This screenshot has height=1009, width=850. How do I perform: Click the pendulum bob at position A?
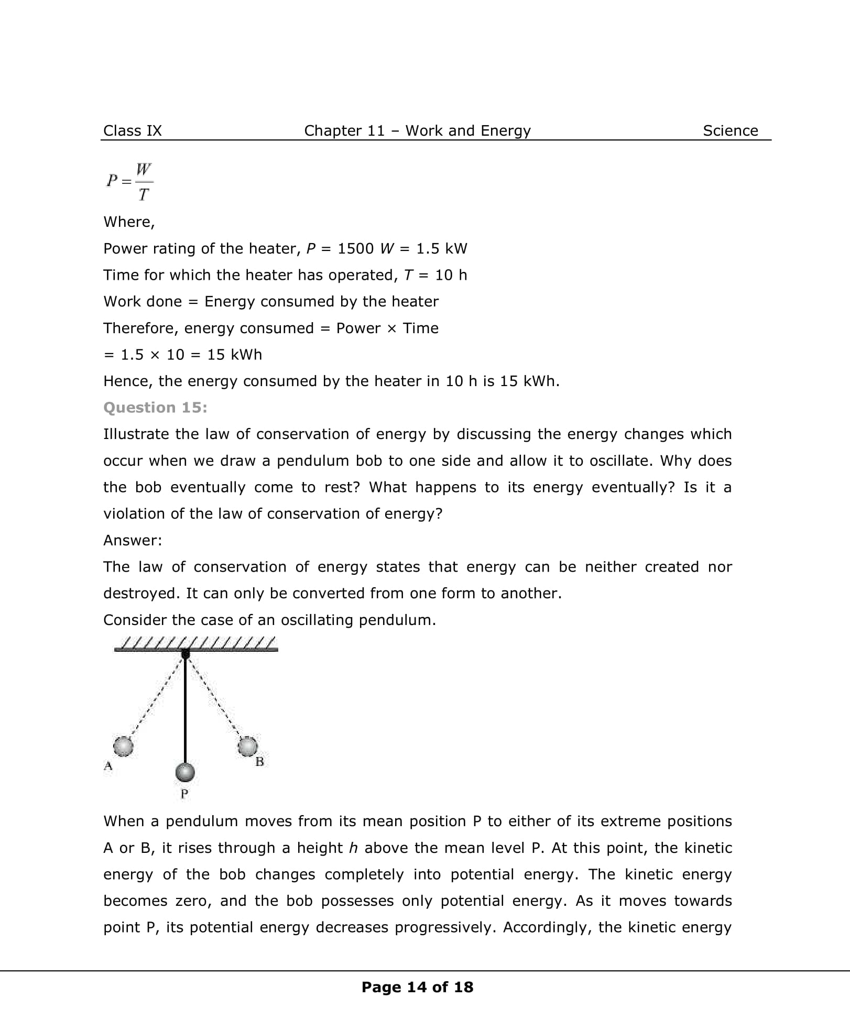pos(123,745)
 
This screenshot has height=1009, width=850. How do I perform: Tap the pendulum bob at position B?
pos(248,746)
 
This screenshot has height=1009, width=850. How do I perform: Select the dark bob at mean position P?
pos(184,772)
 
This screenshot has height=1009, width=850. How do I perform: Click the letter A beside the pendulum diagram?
pos(108,766)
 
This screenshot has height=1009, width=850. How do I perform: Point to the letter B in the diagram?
pos(259,762)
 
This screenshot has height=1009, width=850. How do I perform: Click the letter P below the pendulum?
pos(184,794)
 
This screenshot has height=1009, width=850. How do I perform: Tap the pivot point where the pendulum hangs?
pos(185,653)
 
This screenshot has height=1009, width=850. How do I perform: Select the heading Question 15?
pos(155,408)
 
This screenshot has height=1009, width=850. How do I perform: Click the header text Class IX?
pos(133,130)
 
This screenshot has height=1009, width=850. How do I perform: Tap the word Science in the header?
pos(730,130)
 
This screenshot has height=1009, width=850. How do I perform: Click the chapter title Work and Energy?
pos(468,130)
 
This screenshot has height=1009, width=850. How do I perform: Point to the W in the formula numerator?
pos(144,169)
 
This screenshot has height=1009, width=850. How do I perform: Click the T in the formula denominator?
pos(144,195)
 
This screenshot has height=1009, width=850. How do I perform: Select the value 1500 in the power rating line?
pos(355,248)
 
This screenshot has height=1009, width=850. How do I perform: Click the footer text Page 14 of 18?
pos(417,987)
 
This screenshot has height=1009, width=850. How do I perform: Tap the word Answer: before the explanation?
pos(133,540)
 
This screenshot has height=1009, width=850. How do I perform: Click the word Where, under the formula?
pos(129,222)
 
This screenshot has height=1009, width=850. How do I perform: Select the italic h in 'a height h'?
pos(353,848)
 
